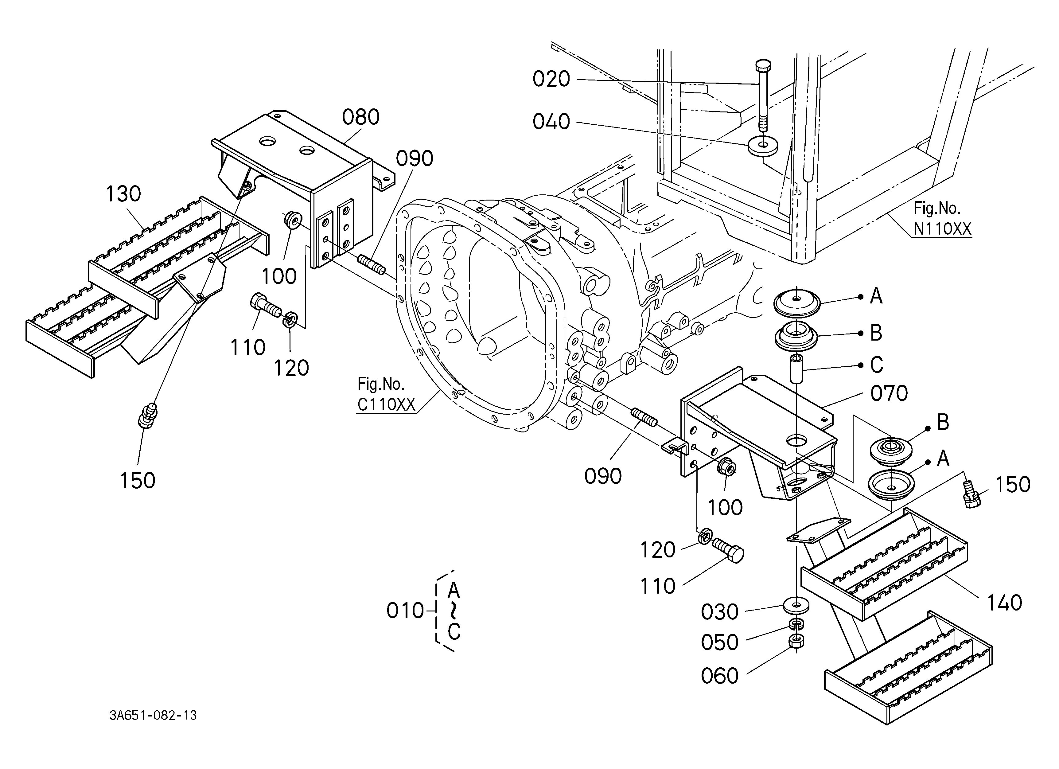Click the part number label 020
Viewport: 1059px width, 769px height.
[551, 79]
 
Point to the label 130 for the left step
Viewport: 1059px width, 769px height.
[123, 194]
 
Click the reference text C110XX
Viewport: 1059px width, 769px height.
[386, 404]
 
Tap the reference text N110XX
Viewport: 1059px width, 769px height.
[943, 229]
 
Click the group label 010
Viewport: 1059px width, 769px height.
[405, 611]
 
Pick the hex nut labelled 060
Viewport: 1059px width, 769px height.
[796, 642]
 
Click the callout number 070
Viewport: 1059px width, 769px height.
[889, 394]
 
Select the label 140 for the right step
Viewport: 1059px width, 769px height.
[1004, 603]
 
